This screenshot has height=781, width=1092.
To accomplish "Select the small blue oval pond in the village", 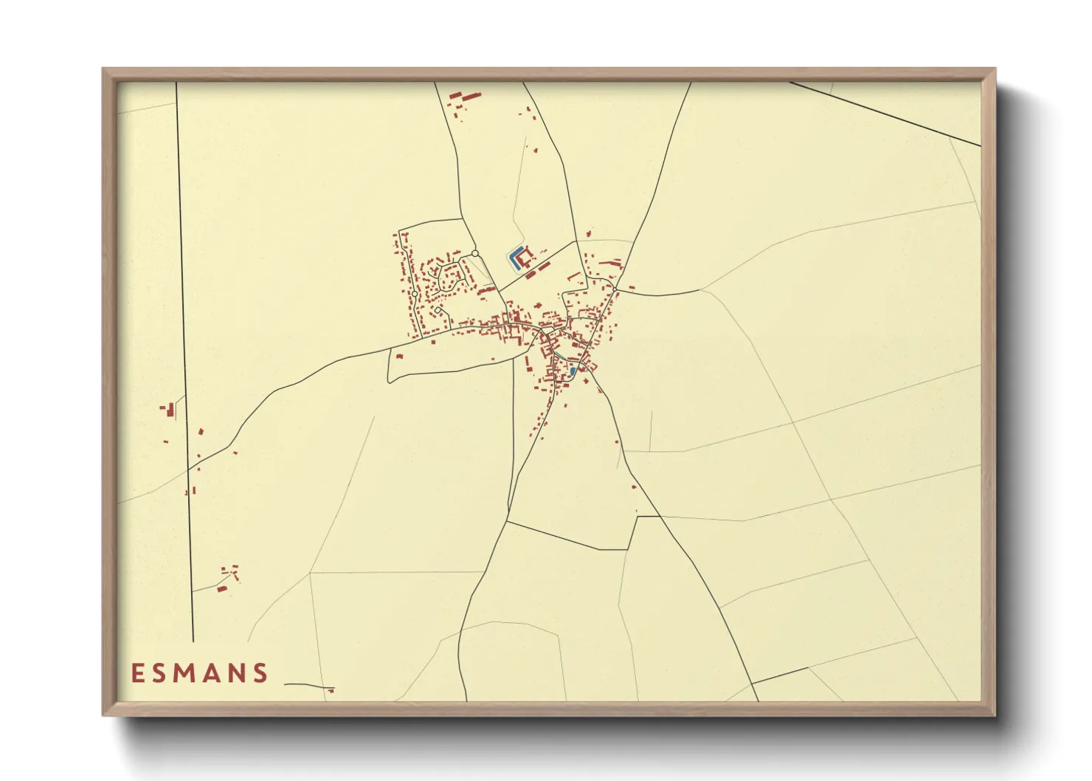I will pyautogui.click(x=573, y=371).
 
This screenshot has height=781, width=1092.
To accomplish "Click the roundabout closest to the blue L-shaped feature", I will pyautogui.click(x=476, y=253).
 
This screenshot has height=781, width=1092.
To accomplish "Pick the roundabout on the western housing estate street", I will pyautogui.click(x=415, y=294).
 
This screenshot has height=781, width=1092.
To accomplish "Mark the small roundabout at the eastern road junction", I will pyautogui.click(x=615, y=289).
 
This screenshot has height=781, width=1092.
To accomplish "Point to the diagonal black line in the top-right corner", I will pyautogui.click(x=885, y=114).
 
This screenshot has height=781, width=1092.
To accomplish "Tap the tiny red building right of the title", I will pyautogui.click(x=332, y=691).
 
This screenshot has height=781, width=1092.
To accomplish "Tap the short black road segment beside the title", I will pyautogui.click(x=306, y=686).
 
